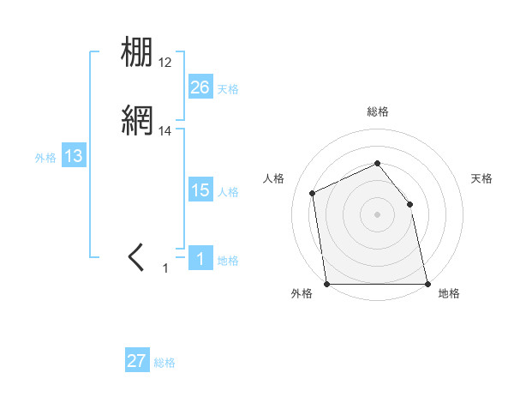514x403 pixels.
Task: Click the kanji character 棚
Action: click(x=138, y=53)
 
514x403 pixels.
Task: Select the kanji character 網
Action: click(x=138, y=120)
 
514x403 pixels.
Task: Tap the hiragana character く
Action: click(x=137, y=257)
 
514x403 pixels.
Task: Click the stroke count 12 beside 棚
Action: click(x=165, y=63)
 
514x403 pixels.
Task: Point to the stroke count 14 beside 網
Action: click(x=165, y=131)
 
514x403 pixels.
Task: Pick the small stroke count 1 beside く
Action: click(x=166, y=268)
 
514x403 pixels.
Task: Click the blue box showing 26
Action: click(x=200, y=87)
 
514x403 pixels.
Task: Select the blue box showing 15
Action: click(x=200, y=190)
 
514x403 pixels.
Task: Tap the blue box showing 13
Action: click(x=74, y=156)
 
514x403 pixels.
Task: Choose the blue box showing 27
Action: click(x=137, y=361)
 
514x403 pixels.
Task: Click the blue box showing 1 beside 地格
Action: click(x=200, y=259)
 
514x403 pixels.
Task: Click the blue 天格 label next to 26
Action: click(x=228, y=88)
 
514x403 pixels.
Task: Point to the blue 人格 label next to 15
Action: click(x=228, y=192)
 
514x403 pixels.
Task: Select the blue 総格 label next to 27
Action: click(x=164, y=363)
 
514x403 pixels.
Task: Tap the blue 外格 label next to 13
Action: click(x=45, y=158)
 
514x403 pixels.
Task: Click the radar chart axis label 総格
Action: click(x=377, y=111)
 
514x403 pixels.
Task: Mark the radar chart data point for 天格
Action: click(x=409, y=204)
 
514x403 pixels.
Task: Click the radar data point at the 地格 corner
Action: click(x=427, y=283)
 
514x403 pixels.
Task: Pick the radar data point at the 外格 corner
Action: click(x=327, y=283)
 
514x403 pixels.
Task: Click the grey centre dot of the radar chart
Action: click(x=377, y=214)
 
